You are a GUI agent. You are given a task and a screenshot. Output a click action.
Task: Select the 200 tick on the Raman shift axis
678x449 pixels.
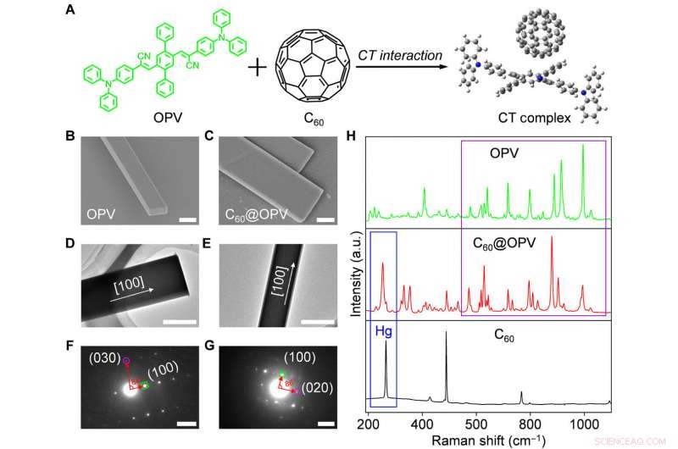(x=368, y=421)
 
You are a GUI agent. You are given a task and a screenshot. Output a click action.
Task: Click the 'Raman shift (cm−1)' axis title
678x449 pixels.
(x=489, y=439)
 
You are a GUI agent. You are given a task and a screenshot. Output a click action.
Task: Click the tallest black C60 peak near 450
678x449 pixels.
(x=447, y=333)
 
